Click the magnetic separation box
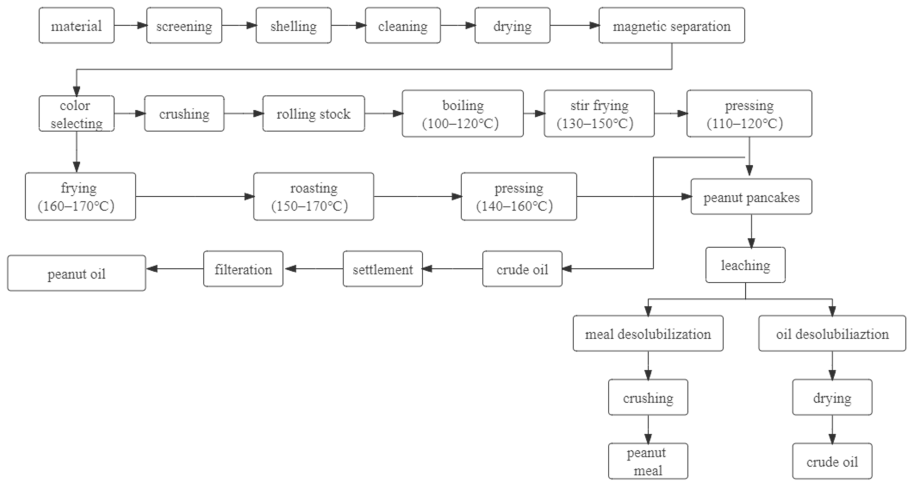click(x=671, y=25)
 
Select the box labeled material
click(x=76, y=25)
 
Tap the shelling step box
click(x=294, y=25)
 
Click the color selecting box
click(x=76, y=114)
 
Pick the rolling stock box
click(x=313, y=114)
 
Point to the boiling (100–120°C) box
click(x=462, y=114)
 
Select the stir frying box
click(x=599, y=114)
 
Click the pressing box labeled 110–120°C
click(x=749, y=114)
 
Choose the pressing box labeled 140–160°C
click(x=519, y=197)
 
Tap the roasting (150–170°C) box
click(x=313, y=197)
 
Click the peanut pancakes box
click(x=751, y=197)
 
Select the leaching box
click(x=745, y=265)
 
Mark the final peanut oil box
click(x=76, y=273)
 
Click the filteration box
click(x=243, y=269)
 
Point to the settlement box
click(x=383, y=269)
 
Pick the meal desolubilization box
click(x=648, y=333)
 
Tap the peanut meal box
click(x=648, y=461)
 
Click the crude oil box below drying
click(x=832, y=461)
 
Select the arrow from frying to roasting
click(x=195, y=197)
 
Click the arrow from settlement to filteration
click(x=313, y=269)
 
